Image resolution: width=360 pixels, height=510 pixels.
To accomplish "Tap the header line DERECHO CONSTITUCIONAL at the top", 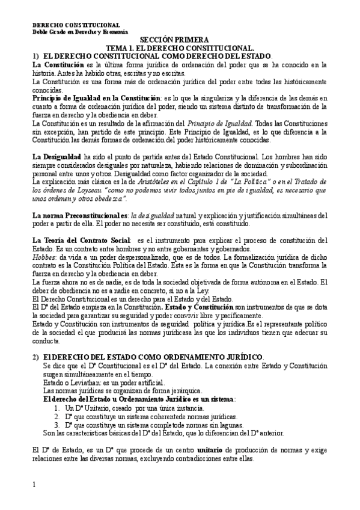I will click(67, 23).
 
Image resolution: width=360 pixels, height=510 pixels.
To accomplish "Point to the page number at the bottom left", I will click(34, 484).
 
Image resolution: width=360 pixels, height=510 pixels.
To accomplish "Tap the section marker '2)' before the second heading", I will click(35, 357).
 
